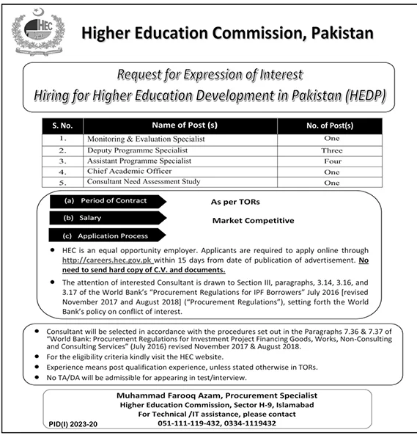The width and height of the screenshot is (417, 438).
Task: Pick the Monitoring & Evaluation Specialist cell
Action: (146, 139)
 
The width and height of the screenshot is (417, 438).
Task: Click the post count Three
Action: (332, 150)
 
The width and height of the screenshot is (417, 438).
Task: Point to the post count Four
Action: (332, 160)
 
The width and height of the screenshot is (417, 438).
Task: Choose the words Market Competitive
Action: (253, 220)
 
